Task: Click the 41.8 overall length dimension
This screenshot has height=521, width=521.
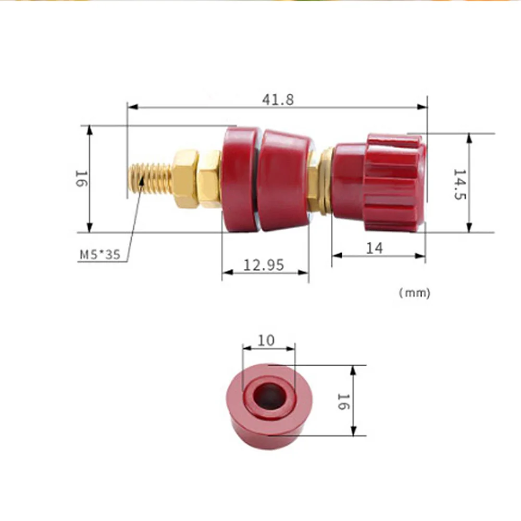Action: click(x=278, y=100)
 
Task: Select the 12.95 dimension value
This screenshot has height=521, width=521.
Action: click(x=264, y=265)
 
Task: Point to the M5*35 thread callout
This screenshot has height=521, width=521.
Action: click(x=100, y=255)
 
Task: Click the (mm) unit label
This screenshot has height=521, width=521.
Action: click(x=415, y=293)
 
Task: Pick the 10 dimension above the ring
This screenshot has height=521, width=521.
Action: click(x=266, y=340)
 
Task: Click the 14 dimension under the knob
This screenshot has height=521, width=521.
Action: click(x=374, y=248)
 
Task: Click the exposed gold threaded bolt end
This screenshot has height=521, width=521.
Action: click(x=150, y=179)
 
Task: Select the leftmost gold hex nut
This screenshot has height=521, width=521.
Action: click(x=185, y=179)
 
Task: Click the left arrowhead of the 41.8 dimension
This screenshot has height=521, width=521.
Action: click(x=132, y=107)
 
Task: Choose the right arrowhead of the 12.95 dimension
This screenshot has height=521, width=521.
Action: click(x=304, y=272)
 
